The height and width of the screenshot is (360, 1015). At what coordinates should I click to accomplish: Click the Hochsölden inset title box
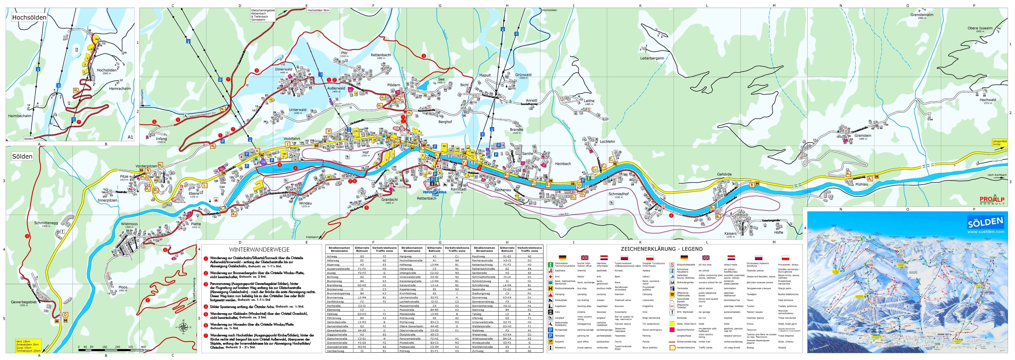pos(29,17)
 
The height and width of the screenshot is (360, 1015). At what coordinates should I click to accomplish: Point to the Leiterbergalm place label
pos(652,58)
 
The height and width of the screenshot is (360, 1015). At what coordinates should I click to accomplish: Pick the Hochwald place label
pos(987,100)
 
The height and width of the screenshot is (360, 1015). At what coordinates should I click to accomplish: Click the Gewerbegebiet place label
pos(24,302)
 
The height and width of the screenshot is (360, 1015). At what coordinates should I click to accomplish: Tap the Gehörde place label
pos(724,174)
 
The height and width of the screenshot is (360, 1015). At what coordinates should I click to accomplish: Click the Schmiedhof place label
pos(618,194)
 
